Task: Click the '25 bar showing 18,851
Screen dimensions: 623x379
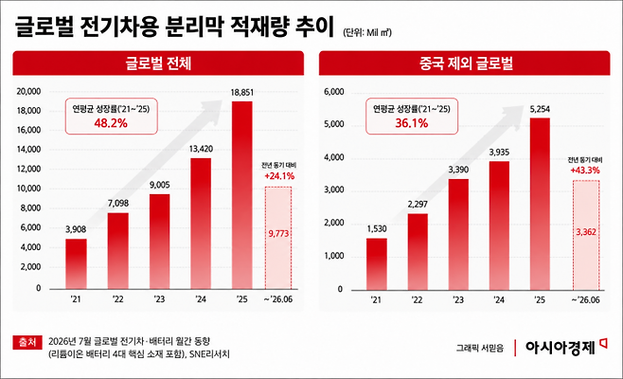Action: tap(242, 195)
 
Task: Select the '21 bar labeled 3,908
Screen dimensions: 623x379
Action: tap(76, 263)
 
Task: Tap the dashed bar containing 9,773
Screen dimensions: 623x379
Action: tap(278, 238)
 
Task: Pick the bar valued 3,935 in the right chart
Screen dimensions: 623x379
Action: tap(499, 226)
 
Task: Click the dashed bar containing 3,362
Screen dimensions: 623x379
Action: tap(586, 235)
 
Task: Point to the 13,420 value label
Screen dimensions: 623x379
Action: tap(201, 149)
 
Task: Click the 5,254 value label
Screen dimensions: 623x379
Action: tap(540, 109)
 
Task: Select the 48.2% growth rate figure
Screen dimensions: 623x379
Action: tap(111, 123)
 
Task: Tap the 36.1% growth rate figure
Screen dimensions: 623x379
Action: tap(412, 123)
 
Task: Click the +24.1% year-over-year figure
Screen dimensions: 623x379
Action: tap(279, 176)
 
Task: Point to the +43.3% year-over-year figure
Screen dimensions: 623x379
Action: tap(585, 171)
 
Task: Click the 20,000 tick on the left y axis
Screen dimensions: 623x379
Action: tap(28, 91)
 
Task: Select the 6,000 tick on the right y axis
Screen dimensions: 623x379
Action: tap(333, 92)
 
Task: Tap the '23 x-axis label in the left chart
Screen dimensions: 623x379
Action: tap(159, 299)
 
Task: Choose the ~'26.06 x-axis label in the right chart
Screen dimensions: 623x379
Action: tap(586, 299)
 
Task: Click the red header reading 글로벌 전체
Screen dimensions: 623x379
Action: tap(158, 63)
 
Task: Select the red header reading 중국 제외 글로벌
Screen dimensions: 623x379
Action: tap(465, 63)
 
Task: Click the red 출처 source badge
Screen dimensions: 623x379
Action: tap(27, 342)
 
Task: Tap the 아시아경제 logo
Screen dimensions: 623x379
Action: tap(565, 347)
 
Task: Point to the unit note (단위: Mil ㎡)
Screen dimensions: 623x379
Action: tap(367, 32)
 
